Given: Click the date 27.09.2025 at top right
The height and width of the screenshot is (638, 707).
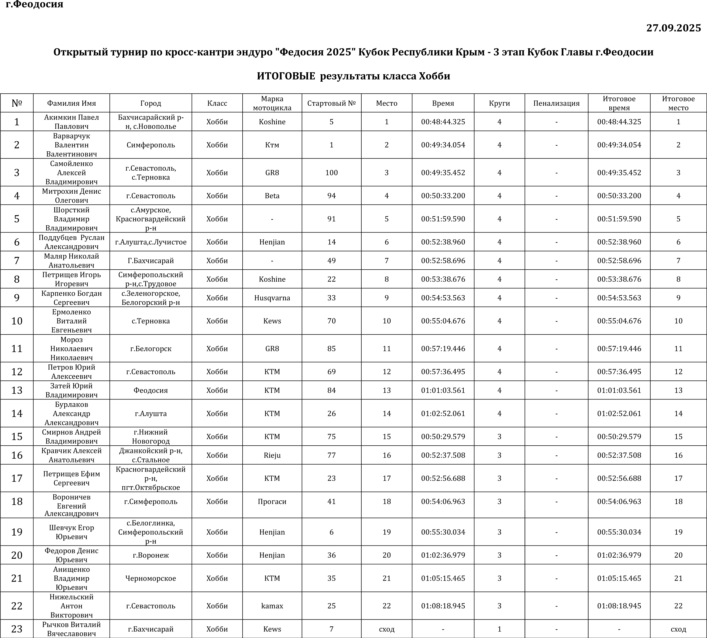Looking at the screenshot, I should click(673, 28).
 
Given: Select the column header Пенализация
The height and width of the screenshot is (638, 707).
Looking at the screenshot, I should click(556, 103).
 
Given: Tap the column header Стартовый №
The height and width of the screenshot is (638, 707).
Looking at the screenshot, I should click(331, 103).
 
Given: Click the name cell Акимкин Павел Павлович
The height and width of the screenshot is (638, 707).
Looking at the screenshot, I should click(71, 122).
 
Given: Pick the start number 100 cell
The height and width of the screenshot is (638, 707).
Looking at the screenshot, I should click(331, 172).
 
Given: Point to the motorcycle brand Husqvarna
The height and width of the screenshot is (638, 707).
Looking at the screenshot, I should click(272, 298).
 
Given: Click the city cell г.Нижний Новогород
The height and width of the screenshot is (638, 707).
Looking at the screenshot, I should click(151, 437).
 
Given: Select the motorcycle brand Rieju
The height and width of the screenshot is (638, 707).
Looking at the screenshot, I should click(272, 455).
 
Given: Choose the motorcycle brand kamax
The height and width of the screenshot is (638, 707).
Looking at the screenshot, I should click(272, 606).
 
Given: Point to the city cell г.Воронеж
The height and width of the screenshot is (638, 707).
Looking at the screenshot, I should click(151, 555).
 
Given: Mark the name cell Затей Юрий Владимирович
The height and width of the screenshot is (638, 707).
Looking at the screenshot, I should click(71, 390).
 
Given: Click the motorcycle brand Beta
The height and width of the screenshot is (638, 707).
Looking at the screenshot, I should click(272, 196).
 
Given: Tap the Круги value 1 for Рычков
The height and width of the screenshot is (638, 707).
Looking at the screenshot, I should click(499, 629).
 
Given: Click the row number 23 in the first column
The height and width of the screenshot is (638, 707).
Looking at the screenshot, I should click(17, 629).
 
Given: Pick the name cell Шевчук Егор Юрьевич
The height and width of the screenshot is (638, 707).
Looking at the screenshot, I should click(71, 532).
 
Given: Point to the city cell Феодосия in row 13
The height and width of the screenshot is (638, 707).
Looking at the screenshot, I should click(151, 390).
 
